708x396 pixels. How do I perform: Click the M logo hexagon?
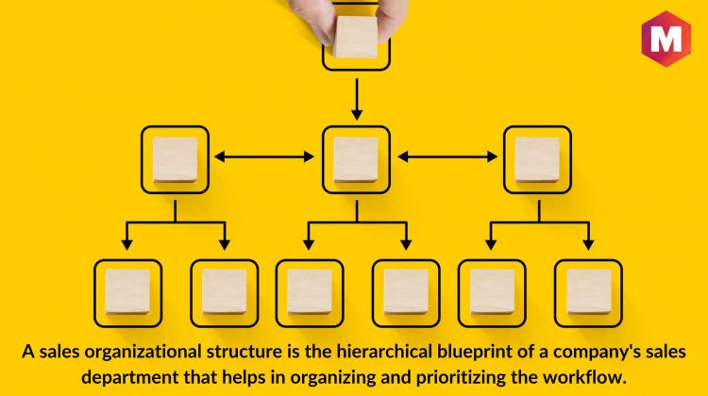(x=666, y=39)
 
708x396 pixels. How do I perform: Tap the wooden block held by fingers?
(x=356, y=37)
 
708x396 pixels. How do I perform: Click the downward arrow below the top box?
(x=357, y=99)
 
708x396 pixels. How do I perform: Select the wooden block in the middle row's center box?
(x=356, y=159)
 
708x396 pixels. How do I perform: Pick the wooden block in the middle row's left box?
(x=175, y=159)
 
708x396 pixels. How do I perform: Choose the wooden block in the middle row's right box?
(x=537, y=159)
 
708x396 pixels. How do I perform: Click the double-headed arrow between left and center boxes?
(x=264, y=157)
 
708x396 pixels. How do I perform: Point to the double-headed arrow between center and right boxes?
(x=447, y=157)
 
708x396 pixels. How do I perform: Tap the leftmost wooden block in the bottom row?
(x=127, y=291)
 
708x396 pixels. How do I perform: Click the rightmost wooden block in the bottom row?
(x=589, y=291)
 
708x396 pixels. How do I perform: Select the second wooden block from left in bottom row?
(x=225, y=291)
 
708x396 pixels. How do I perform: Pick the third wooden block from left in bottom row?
(x=310, y=291)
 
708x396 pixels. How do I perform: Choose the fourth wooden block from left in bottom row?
(x=406, y=291)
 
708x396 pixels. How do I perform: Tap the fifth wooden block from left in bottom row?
(x=492, y=291)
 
